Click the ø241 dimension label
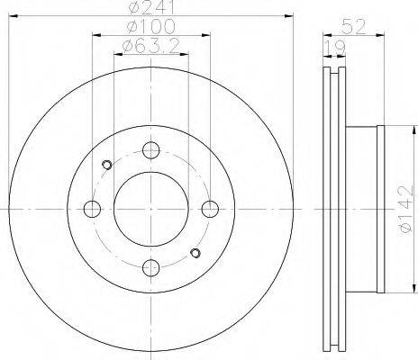coord(150,7)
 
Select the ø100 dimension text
coord(150,26)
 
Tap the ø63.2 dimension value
coord(150,47)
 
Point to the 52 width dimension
coord(354,26)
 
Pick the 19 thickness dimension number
coord(335,48)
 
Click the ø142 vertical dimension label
coord(405,210)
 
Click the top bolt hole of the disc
coord(150,150)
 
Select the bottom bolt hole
coord(150,267)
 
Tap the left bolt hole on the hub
coord(92,209)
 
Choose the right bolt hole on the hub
coord(210,209)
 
